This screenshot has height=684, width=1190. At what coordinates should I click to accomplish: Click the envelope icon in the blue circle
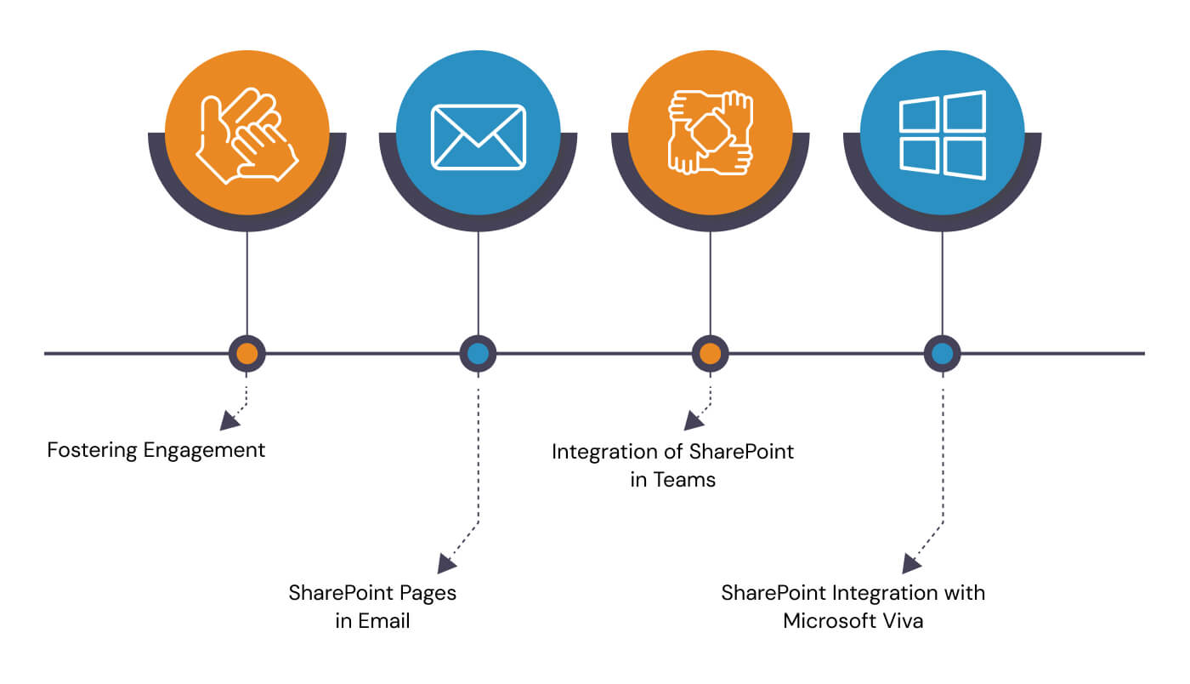point(478,136)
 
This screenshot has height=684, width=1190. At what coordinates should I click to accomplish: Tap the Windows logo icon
point(942,135)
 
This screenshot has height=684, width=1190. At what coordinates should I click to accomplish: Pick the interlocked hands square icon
point(710,134)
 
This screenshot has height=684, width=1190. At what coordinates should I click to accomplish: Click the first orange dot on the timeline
point(246,353)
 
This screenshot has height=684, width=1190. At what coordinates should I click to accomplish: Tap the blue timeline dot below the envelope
point(478,353)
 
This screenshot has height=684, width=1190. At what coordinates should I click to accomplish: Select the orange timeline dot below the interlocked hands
point(710,353)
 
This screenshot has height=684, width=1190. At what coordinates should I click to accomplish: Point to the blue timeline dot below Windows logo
point(942,353)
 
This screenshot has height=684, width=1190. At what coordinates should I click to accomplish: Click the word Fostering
point(92,450)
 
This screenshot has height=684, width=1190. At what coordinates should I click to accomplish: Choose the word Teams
point(684,480)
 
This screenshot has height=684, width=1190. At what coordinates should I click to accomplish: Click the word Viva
point(901,621)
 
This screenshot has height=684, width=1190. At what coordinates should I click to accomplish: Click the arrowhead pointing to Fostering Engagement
point(228,419)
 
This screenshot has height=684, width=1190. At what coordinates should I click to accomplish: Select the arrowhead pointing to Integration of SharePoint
point(693,419)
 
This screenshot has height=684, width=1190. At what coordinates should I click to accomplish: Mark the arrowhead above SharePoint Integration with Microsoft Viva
point(910,562)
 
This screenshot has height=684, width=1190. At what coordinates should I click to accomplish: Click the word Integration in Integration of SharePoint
point(605,452)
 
